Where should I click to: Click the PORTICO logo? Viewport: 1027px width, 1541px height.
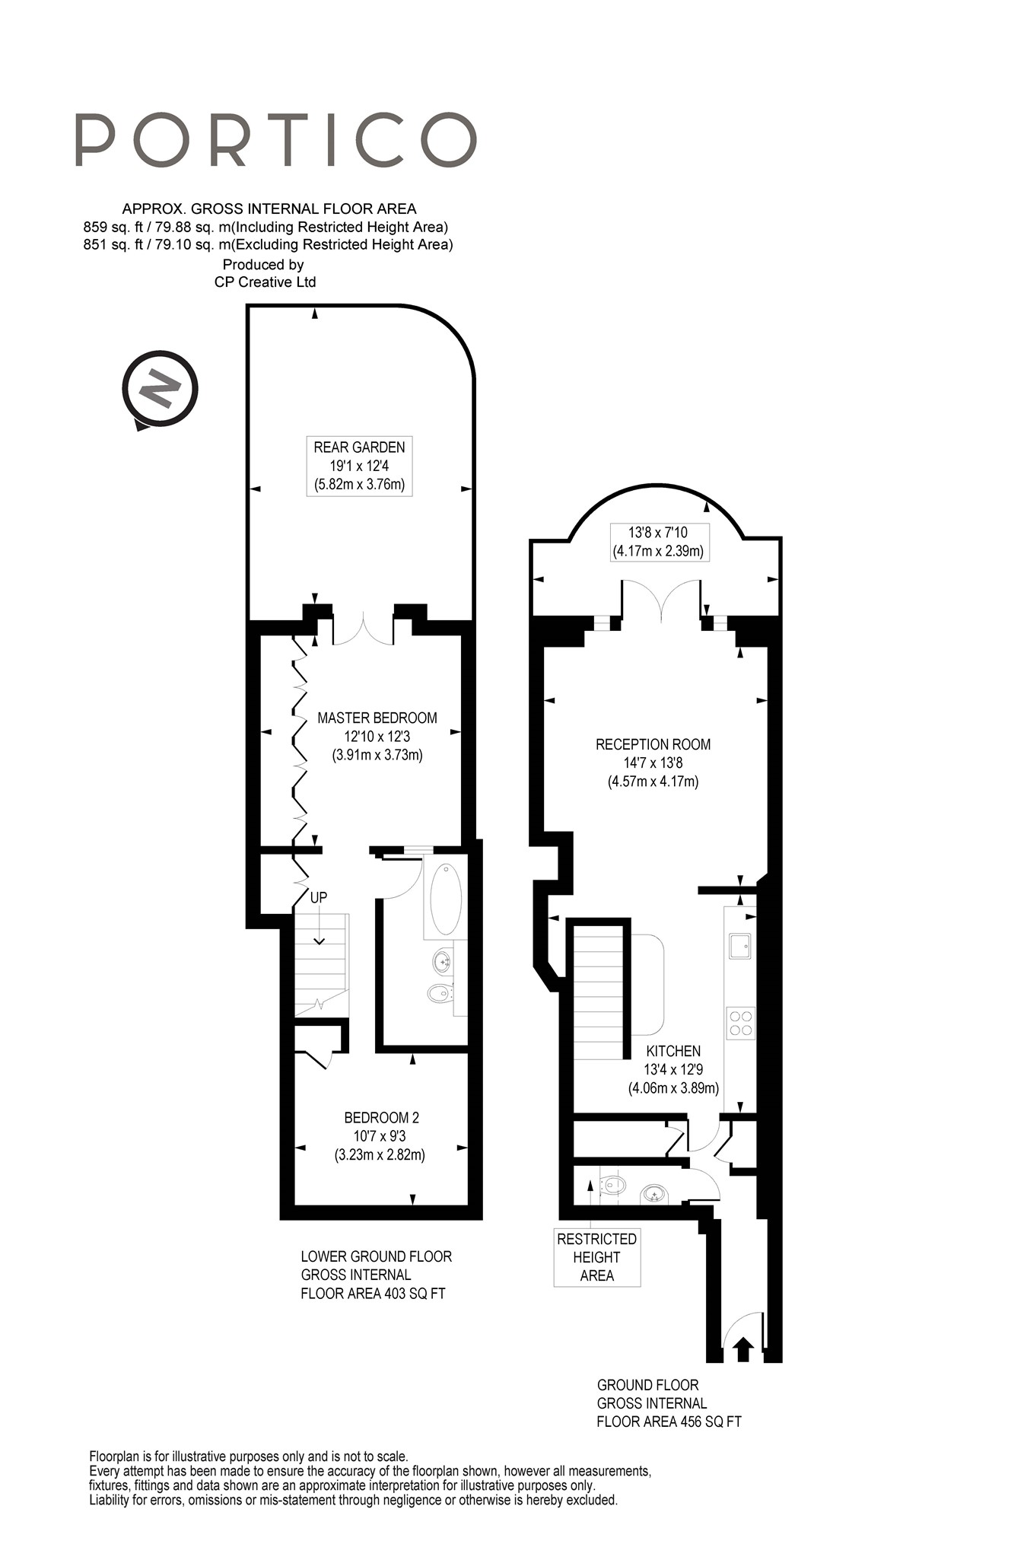tap(275, 139)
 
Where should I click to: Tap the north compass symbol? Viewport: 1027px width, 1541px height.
tap(160, 390)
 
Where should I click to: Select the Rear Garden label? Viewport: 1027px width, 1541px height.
tap(359, 466)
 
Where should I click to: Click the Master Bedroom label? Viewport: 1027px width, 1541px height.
tap(377, 736)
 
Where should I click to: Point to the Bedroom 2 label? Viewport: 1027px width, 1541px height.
tap(380, 1135)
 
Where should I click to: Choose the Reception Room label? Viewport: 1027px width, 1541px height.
tap(653, 763)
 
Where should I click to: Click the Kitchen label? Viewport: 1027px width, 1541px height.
tap(673, 1069)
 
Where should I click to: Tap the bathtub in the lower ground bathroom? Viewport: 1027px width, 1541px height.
tap(446, 899)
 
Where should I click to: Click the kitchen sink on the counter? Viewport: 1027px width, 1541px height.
tap(739, 946)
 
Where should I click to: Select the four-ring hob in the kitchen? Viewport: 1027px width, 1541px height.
tap(740, 1023)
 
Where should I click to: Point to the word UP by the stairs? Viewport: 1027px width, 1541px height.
tap(319, 897)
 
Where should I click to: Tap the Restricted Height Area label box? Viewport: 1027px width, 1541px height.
tap(597, 1257)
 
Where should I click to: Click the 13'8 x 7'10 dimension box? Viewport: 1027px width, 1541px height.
tap(659, 542)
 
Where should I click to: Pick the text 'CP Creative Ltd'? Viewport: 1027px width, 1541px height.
tap(265, 282)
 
